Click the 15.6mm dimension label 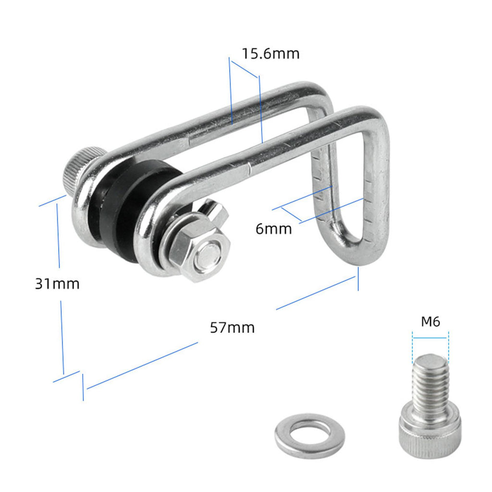pos(271,54)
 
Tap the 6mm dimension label pos(273,229)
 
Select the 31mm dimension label pos(57,283)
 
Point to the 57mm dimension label pos(232,328)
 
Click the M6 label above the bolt pos(430,321)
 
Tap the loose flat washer pos(310,435)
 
